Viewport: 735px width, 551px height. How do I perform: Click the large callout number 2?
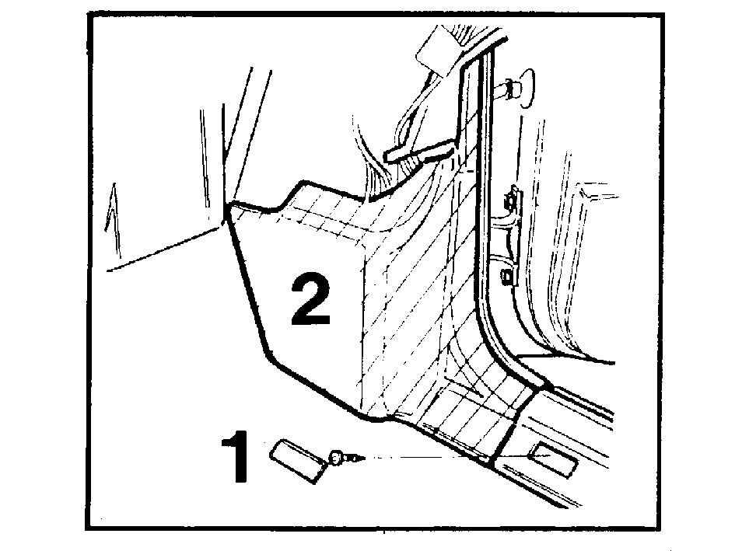[x=311, y=299]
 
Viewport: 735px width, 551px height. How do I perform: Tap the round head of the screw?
[x=336, y=458]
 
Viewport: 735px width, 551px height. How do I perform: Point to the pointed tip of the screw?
[x=363, y=457]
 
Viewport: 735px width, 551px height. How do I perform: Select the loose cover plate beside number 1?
[x=298, y=461]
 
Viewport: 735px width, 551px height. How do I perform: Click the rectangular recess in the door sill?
[x=551, y=460]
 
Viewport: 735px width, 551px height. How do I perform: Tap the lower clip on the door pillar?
[x=509, y=277]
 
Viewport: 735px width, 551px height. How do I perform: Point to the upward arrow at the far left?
[x=113, y=220]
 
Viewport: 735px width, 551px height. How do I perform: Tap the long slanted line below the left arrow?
[x=163, y=249]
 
